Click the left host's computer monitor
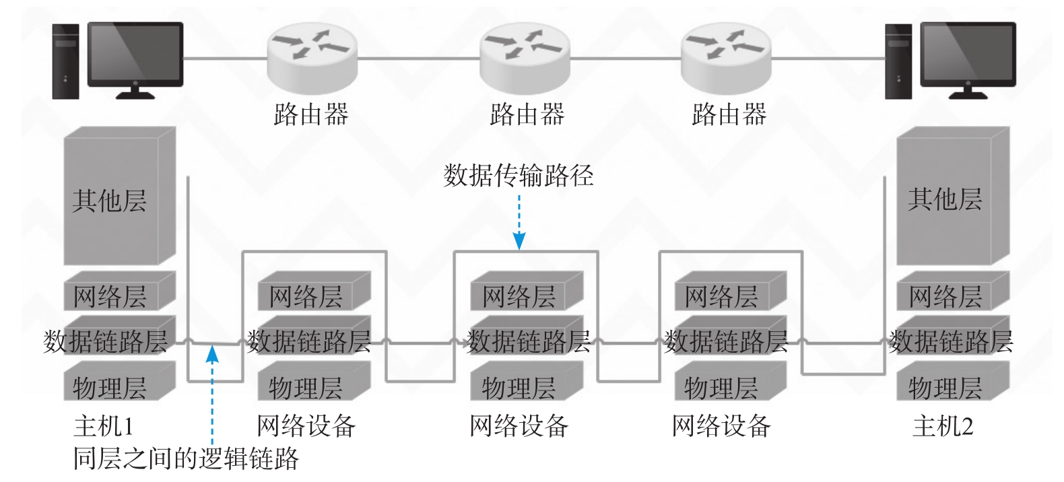[135, 60]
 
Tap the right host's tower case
[898, 61]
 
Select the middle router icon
[525, 58]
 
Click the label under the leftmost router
[311, 114]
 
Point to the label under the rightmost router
[729, 114]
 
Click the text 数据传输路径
[519, 175]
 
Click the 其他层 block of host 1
[120, 195]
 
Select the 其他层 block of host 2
[953, 195]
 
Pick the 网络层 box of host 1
[120, 291]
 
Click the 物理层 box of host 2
[953, 381]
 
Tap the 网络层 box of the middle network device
[527, 291]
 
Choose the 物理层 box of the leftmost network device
[314, 381]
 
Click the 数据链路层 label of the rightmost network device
[726, 341]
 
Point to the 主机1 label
[104, 426]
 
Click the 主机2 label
[943, 426]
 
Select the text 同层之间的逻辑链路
[186, 458]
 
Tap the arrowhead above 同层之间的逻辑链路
[212, 354]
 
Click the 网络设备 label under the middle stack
[519, 426]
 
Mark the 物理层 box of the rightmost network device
[731, 381]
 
